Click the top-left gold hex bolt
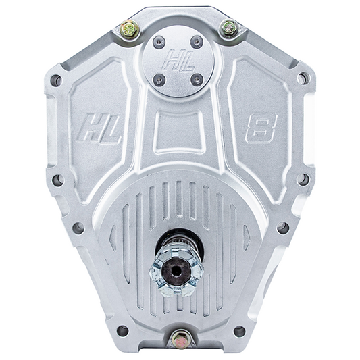130,30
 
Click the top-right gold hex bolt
230,28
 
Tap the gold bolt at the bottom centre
182,339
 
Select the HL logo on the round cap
178,60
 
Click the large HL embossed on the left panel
99,129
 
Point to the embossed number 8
261,128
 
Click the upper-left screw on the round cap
159,43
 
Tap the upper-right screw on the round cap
197,42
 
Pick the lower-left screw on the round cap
159,80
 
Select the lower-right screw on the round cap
197,80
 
